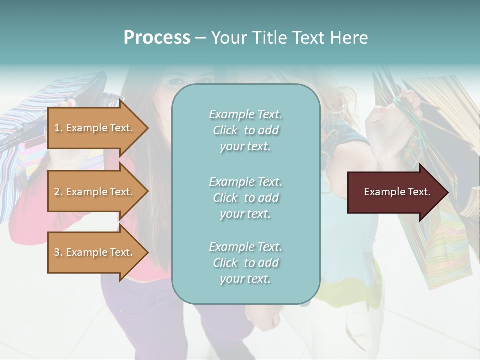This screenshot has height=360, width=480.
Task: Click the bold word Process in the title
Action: coord(157,38)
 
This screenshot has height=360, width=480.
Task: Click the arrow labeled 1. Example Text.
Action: coord(95,128)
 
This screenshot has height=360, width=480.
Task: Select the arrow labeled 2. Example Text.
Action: coord(95,192)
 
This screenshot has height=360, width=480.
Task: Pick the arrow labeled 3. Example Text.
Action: coord(95,252)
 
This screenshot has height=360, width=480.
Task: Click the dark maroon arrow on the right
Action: coord(395,192)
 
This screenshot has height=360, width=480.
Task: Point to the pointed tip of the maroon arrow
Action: coord(448,192)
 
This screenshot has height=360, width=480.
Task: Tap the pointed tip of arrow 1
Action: coord(148,128)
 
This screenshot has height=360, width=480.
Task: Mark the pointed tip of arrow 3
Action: coord(148,252)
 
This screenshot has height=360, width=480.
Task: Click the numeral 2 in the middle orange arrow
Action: coord(56,192)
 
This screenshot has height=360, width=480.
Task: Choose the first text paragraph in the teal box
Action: coord(245,130)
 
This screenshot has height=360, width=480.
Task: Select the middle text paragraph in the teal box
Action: coord(245,197)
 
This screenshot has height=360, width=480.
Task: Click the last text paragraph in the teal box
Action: coord(245,263)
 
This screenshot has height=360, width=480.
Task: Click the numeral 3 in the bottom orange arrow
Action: coord(56,252)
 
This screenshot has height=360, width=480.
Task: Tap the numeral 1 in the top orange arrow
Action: coord(56,128)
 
